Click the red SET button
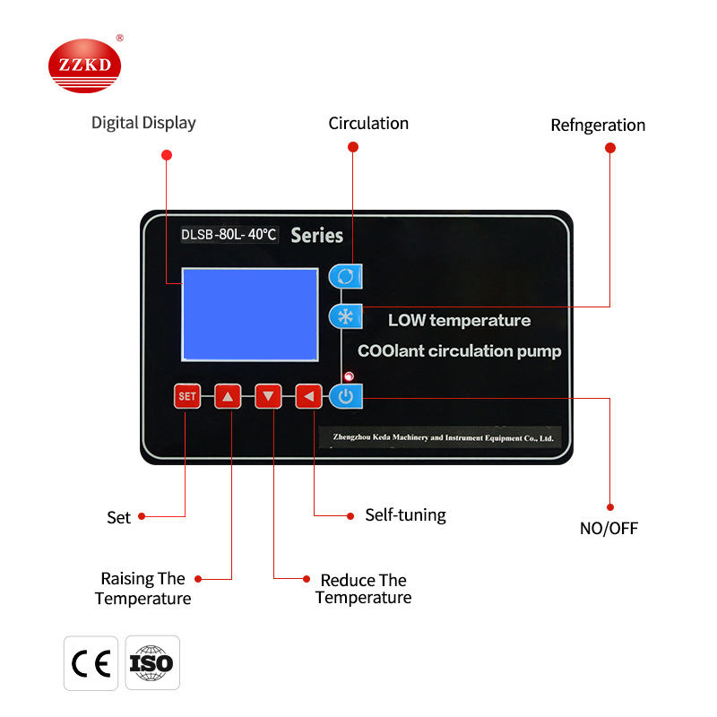click(186, 395)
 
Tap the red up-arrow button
click(228, 395)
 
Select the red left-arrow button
click(308, 395)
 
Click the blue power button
click(346, 396)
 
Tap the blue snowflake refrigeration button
click(345, 316)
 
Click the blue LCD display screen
click(250, 314)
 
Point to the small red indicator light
click(348, 376)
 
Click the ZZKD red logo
click(83, 66)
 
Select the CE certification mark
click(91, 663)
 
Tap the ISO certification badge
click(151, 663)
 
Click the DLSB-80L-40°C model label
click(229, 235)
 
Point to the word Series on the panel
click(316, 236)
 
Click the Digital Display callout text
click(143, 123)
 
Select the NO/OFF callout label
click(609, 528)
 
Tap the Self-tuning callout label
click(405, 514)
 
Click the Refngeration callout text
click(598, 125)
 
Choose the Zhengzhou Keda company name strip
click(439, 437)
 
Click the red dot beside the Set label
click(142, 516)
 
